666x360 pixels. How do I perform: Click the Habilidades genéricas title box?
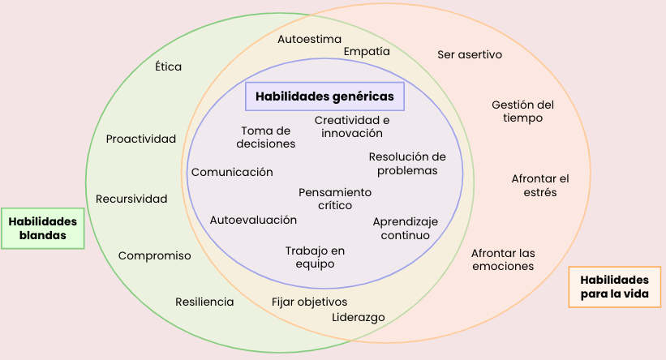click(x=324, y=96)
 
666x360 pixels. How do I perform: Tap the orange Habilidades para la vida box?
click(x=614, y=286)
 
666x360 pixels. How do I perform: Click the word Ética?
click(x=168, y=66)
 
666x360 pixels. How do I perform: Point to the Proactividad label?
click(x=141, y=139)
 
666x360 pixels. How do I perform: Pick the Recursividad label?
click(x=131, y=199)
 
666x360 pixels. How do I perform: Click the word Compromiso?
click(x=155, y=255)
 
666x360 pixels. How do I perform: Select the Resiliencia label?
click(x=204, y=302)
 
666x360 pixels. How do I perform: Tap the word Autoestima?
click(x=309, y=39)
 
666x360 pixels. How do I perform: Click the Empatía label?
click(x=367, y=51)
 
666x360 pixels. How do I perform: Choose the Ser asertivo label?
click(x=470, y=54)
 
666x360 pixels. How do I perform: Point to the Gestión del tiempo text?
click(x=522, y=111)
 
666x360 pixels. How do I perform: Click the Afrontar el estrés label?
click(x=540, y=185)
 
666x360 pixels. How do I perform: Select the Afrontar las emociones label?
click(x=503, y=259)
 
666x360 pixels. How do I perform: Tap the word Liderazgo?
click(x=359, y=317)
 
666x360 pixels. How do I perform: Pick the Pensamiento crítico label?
click(x=335, y=199)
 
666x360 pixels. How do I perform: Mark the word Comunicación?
click(x=232, y=172)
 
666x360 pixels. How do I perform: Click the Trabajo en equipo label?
click(x=315, y=257)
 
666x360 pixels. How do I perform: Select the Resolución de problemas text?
click(x=407, y=164)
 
